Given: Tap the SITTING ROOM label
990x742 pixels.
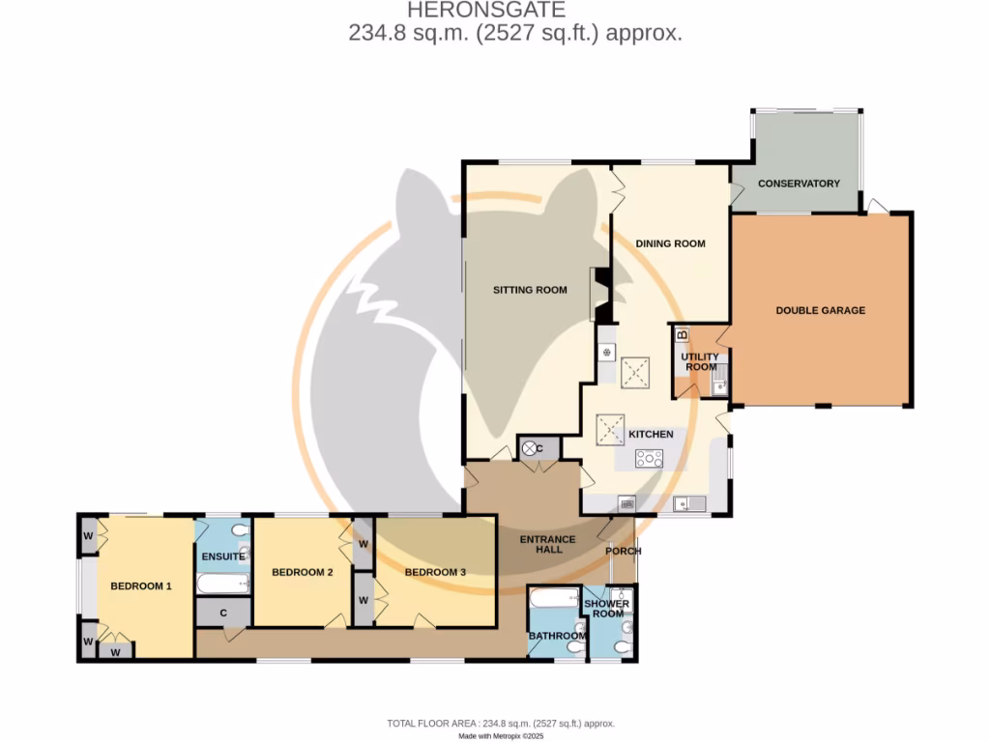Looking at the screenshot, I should point(530,290).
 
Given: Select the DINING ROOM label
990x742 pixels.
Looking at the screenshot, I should point(670,243).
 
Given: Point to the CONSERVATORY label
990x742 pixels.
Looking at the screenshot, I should point(799,184).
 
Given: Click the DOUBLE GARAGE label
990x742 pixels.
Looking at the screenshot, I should point(820,310).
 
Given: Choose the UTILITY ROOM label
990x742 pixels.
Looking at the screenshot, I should point(701,362).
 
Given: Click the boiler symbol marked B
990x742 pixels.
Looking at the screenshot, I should point(682,335).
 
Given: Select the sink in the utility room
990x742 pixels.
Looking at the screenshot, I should point(718,386).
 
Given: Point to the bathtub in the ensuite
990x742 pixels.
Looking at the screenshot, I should point(223,583).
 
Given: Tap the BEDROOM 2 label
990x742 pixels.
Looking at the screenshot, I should point(302,572).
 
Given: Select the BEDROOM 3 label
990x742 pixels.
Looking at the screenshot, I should point(435,572).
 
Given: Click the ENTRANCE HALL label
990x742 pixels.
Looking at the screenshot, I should point(549,545).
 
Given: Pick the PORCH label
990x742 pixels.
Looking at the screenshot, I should point(623,552).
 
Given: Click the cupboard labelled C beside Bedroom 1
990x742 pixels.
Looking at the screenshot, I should point(223,613).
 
